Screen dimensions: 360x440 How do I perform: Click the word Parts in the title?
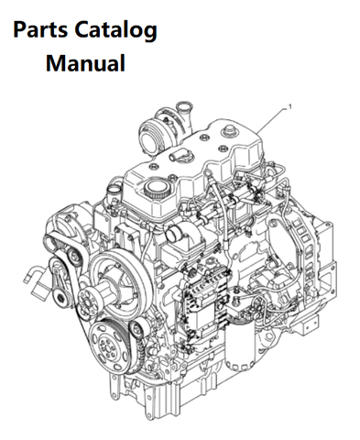(x=40, y=29)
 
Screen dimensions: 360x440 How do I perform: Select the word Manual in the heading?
(x=85, y=62)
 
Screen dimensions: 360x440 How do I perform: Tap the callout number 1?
(x=289, y=106)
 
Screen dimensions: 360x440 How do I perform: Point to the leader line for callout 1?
(x=271, y=120)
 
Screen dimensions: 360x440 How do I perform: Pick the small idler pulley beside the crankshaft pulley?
(x=137, y=329)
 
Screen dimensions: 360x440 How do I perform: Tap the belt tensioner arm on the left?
(x=60, y=282)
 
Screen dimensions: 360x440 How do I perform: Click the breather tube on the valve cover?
(x=177, y=156)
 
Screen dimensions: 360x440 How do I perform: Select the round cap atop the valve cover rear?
(x=228, y=131)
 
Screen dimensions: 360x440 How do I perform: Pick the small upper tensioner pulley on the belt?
(x=74, y=257)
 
